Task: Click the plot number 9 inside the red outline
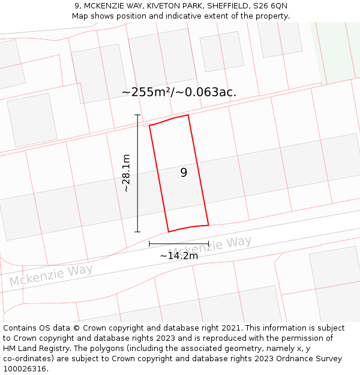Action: (x=184, y=173)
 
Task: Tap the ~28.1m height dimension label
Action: (x=126, y=173)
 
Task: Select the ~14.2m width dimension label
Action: (x=179, y=256)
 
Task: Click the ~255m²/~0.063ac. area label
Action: (x=179, y=92)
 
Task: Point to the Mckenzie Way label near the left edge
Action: (x=51, y=275)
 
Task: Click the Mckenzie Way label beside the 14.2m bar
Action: (x=209, y=245)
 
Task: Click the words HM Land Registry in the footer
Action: (x=36, y=348)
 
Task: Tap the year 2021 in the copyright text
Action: (x=229, y=328)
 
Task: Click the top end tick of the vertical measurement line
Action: (x=137, y=115)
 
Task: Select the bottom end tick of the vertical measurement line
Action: (x=137, y=232)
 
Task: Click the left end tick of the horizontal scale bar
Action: (x=149, y=244)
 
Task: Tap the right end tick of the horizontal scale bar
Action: (x=208, y=244)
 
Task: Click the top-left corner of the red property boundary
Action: (x=149, y=125)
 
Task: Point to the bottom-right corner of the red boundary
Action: (x=208, y=225)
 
